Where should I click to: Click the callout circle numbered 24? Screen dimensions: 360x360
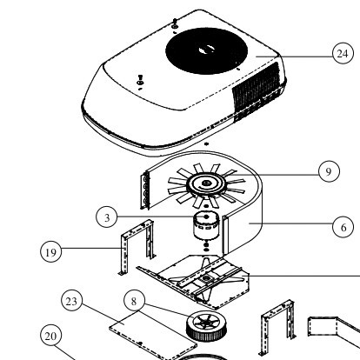[343, 53]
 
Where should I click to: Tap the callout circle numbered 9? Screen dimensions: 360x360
[329, 171]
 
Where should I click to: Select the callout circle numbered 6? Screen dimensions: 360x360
[343, 227]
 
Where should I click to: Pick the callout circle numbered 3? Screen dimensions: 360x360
[107, 217]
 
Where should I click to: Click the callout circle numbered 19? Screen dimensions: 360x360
[51, 252]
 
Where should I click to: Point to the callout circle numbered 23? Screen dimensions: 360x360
[72, 301]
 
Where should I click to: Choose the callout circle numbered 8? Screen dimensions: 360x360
[134, 301]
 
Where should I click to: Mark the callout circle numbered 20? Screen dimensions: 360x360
[51, 336]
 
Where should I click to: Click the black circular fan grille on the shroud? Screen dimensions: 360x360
[206, 50]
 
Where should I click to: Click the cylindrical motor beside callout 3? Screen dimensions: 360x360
[206, 226]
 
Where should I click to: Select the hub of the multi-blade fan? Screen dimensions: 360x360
[206, 184]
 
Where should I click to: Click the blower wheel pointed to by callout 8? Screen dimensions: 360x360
[206, 326]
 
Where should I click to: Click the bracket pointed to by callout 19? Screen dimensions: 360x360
[137, 246]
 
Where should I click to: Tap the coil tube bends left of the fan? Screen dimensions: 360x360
[144, 190]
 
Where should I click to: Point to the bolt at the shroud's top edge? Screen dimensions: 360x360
[175, 23]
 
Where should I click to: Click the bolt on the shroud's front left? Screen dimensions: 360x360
[140, 80]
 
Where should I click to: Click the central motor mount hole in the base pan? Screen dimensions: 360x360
[206, 278]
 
